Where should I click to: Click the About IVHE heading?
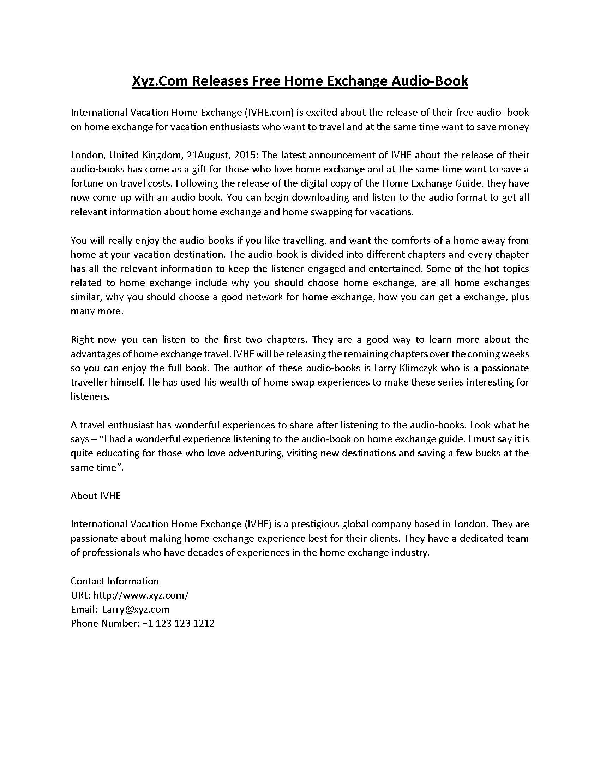pyautogui.click(x=96, y=496)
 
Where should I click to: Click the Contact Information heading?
pyautogui.click(x=114, y=581)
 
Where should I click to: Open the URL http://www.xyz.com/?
pyautogui.click(x=141, y=595)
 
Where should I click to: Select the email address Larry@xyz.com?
pyautogui.click(x=136, y=610)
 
